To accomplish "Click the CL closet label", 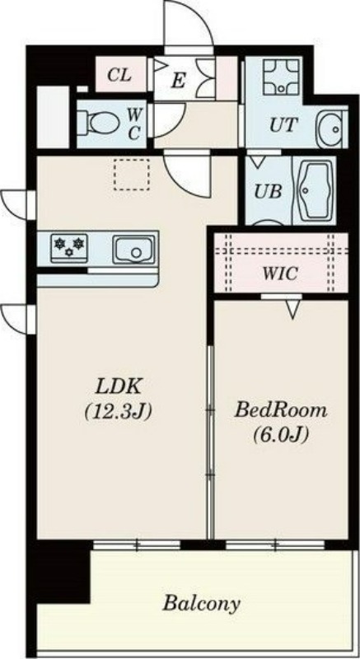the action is pyautogui.click(x=119, y=75).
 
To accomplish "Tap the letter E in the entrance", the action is pyautogui.click(x=178, y=81).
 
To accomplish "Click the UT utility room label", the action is pyautogui.click(x=283, y=125).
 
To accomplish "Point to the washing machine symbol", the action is pyautogui.click(x=281, y=76).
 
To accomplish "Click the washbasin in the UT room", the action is pyautogui.click(x=332, y=129).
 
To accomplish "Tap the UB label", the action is pyautogui.click(x=267, y=192).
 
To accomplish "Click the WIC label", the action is pyautogui.click(x=280, y=273).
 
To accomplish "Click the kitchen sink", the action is pyautogui.click(x=133, y=250).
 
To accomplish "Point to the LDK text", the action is pyautogui.click(x=118, y=387).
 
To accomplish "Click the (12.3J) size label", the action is pyautogui.click(x=118, y=413).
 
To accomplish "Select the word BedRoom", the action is pyautogui.click(x=281, y=409).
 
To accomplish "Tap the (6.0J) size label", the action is pyautogui.click(x=281, y=435).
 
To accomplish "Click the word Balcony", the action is pyautogui.click(x=201, y=605).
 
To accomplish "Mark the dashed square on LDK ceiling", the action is pyautogui.click(x=132, y=175).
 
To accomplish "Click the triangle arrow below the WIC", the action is pyautogui.click(x=292, y=312).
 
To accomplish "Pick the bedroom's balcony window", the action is pyautogui.click(x=275, y=545).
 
